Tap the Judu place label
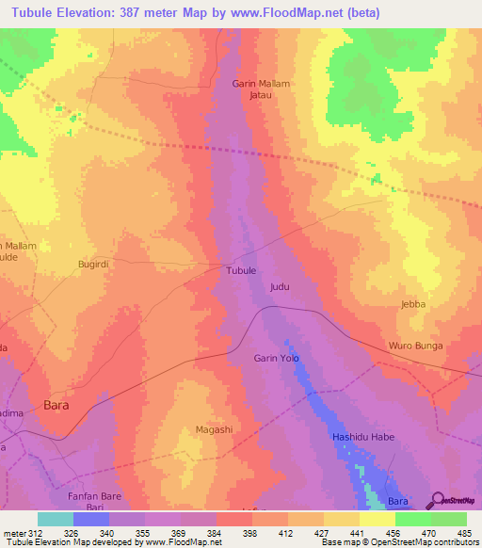click(279, 285)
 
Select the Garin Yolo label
click(276, 358)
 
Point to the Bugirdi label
click(94, 266)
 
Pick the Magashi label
click(214, 429)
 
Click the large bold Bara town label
click(57, 407)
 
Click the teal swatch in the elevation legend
click(56, 519)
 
